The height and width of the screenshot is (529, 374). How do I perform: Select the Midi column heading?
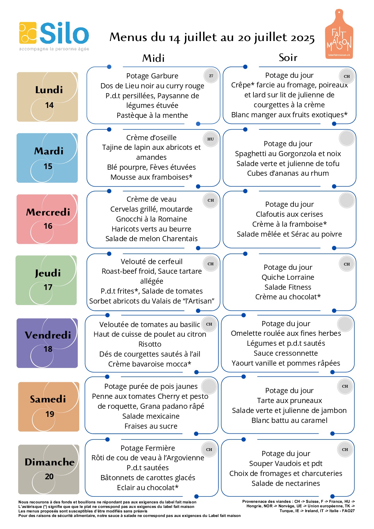tap(153, 58)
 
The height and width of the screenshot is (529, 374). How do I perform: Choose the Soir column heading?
tap(288, 57)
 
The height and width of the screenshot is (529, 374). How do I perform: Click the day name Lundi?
tap(49, 90)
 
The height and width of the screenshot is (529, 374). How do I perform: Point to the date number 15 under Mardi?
tap(48, 166)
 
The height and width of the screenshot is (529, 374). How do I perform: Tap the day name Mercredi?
tap(48, 212)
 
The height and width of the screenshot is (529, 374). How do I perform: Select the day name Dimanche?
tap(49, 462)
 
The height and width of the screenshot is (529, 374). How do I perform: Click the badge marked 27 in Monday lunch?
tap(211, 76)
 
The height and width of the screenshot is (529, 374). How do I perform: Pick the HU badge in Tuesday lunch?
tap(211, 139)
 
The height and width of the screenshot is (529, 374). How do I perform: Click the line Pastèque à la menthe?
tap(152, 115)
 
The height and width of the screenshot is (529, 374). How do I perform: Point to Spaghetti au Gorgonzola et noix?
tap(288, 153)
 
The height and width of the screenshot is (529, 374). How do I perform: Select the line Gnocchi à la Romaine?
tap(152, 219)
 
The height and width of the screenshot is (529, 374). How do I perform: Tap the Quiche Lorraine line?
tap(288, 277)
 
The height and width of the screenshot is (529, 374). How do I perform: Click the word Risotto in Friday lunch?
tap(150, 344)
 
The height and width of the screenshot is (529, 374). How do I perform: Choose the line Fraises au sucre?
tap(151, 426)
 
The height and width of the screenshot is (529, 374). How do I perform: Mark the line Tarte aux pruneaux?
tap(289, 400)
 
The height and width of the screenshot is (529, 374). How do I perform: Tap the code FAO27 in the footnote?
tap(349, 511)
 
